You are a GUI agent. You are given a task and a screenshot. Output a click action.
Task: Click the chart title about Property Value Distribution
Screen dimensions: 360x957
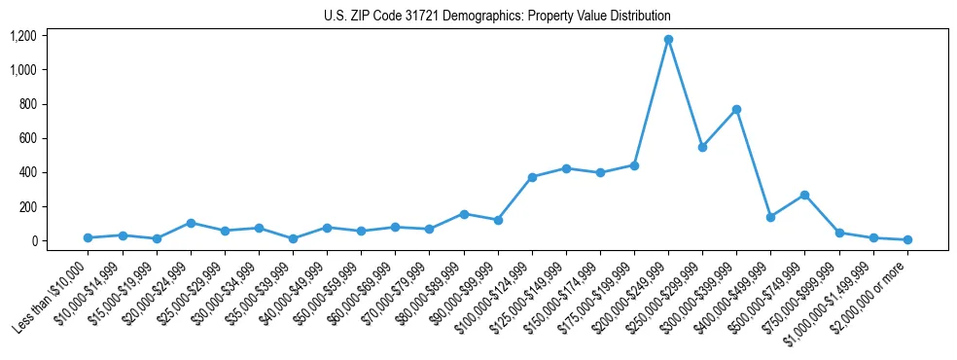[x=497, y=16]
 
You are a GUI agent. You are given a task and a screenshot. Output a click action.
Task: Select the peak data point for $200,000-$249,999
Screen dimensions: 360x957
[x=668, y=40]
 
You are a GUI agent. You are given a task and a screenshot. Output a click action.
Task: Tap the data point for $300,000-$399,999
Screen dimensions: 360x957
[x=736, y=109]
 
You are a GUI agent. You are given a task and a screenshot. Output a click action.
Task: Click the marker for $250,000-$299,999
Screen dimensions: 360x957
[x=702, y=147]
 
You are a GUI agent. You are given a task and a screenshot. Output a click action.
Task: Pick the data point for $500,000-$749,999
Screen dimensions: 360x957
[x=804, y=195]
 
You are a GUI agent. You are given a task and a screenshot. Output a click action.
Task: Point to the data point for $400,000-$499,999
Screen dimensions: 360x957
[x=770, y=217]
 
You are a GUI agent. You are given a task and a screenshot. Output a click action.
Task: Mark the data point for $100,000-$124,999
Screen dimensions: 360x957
[x=532, y=177]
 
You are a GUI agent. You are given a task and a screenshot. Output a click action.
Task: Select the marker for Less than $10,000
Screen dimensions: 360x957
[x=89, y=237]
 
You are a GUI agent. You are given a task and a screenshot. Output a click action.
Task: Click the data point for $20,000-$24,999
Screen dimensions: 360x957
[x=191, y=223]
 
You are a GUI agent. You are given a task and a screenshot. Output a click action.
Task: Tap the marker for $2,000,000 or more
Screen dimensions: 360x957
[x=907, y=239]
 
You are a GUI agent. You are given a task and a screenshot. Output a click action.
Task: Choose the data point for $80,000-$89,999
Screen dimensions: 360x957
[x=464, y=214]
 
